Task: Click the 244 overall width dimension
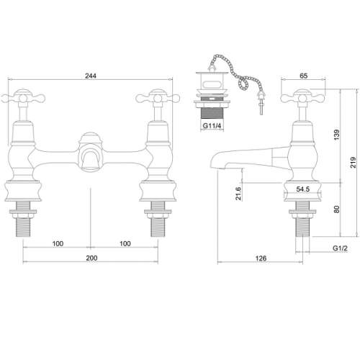point(91,76)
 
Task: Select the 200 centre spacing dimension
point(91,258)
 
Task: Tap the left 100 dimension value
point(58,243)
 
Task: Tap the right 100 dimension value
point(125,243)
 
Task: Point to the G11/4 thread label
point(212,125)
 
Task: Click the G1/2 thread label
point(340,248)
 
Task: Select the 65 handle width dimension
point(304,76)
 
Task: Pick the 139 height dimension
point(337,135)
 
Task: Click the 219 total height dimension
point(353,163)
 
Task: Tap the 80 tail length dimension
point(337,209)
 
